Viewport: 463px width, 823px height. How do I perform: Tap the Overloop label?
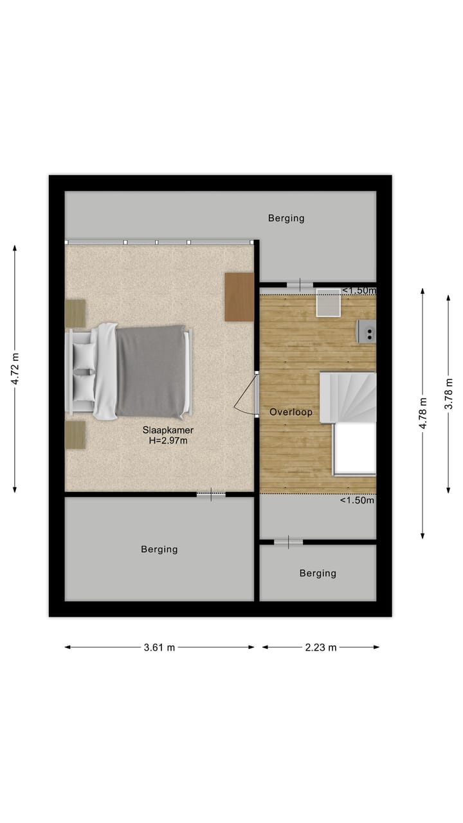coord(291,412)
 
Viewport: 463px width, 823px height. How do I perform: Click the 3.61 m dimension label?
coord(159,647)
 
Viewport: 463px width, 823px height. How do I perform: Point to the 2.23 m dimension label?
coord(321,647)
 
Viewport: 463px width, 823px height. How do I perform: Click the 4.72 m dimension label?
coord(15,370)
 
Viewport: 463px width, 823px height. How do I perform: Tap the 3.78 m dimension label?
coord(449,392)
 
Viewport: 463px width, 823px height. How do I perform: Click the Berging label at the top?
coord(286,218)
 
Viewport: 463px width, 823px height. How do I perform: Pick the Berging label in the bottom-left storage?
coord(159,549)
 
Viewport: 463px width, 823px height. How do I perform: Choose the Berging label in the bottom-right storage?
coord(318,573)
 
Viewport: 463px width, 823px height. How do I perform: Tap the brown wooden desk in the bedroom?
coord(239,296)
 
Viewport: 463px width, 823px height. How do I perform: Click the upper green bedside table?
coord(75,313)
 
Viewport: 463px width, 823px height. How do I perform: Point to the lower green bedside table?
coord(75,435)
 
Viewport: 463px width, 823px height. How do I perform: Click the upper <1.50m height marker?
coord(358,291)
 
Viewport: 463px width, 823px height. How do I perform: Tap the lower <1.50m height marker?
coord(357,500)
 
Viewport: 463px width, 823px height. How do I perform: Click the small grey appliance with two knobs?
coord(367,331)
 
